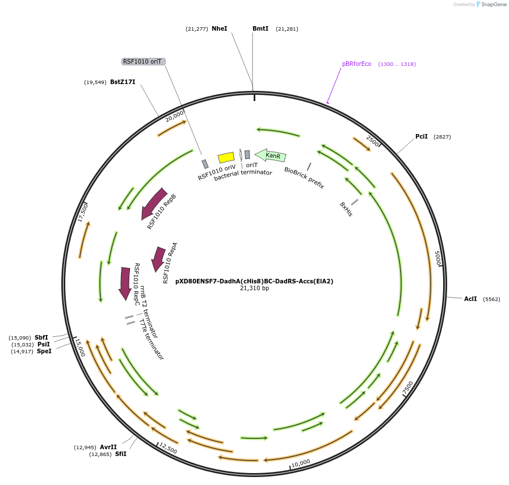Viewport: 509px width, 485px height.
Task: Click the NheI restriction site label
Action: click(x=219, y=28)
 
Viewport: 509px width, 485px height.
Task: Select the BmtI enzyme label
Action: click(x=260, y=28)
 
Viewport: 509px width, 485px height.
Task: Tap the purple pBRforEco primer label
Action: click(x=356, y=64)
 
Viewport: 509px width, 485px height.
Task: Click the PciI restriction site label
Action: click(x=422, y=136)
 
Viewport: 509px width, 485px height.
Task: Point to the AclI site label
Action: click(x=470, y=299)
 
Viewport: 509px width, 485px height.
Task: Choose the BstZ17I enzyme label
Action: click(x=123, y=82)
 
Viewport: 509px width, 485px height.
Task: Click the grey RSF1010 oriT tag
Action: click(x=144, y=61)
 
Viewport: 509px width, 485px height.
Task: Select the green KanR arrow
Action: click(x=271, y=155)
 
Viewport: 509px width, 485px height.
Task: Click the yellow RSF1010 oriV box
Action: click(x=226, y=157)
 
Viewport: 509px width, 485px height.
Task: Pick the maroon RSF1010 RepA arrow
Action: click(x=158, y=258)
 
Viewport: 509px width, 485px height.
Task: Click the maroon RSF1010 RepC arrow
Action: click(x=125, y=283)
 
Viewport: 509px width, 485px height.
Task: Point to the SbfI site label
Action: click(x=41, y=337)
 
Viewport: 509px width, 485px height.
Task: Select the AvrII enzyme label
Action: click(x=108, y=447)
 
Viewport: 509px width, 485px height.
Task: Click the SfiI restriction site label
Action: click(x=121, y=454)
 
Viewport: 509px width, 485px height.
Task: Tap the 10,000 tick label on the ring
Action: click(x=301, y=462)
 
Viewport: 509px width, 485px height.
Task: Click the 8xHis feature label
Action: click(x=346, y=208)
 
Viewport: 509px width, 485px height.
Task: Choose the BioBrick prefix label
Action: click(x=304, y=178)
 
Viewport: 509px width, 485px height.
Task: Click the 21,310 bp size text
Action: click(x=254, y=289)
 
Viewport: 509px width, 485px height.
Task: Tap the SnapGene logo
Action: click(x=491, y=5)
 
